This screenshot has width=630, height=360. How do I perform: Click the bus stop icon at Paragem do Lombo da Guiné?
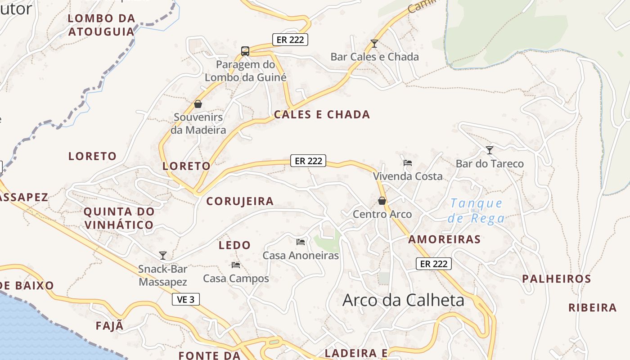click(245, 51)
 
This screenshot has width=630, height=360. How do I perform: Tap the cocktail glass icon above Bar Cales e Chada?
click(374, 44)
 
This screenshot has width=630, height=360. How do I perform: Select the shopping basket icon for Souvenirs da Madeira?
click(198, 104)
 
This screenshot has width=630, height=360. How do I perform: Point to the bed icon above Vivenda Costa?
click(408, 162)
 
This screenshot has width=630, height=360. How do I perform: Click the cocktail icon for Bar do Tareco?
click(490, 150)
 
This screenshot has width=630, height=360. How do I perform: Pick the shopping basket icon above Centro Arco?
click(382, 201)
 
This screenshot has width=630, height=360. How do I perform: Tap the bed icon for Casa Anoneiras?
click(301, 242)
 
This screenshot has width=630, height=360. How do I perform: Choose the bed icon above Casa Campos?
click(236, 265)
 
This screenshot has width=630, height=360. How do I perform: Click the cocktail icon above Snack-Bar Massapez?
click(163, 256)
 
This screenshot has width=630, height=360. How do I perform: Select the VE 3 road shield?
click(186, 299)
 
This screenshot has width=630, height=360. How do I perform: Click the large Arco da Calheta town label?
click(403, 300)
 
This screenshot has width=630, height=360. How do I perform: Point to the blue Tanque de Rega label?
click(476, 211)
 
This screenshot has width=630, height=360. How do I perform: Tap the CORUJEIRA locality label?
click(240, 201)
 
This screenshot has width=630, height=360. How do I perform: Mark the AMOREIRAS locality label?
click(445, 239)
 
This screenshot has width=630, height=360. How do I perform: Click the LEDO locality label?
click(234, 245)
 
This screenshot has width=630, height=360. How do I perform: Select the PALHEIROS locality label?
click(557, 279)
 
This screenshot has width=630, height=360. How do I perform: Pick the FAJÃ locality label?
click(109, 326)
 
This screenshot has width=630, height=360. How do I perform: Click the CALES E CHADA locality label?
click(322, 114)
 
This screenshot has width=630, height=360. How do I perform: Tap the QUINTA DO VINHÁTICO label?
click(119, 218)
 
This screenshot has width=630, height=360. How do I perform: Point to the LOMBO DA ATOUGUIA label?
click(101, 25)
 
